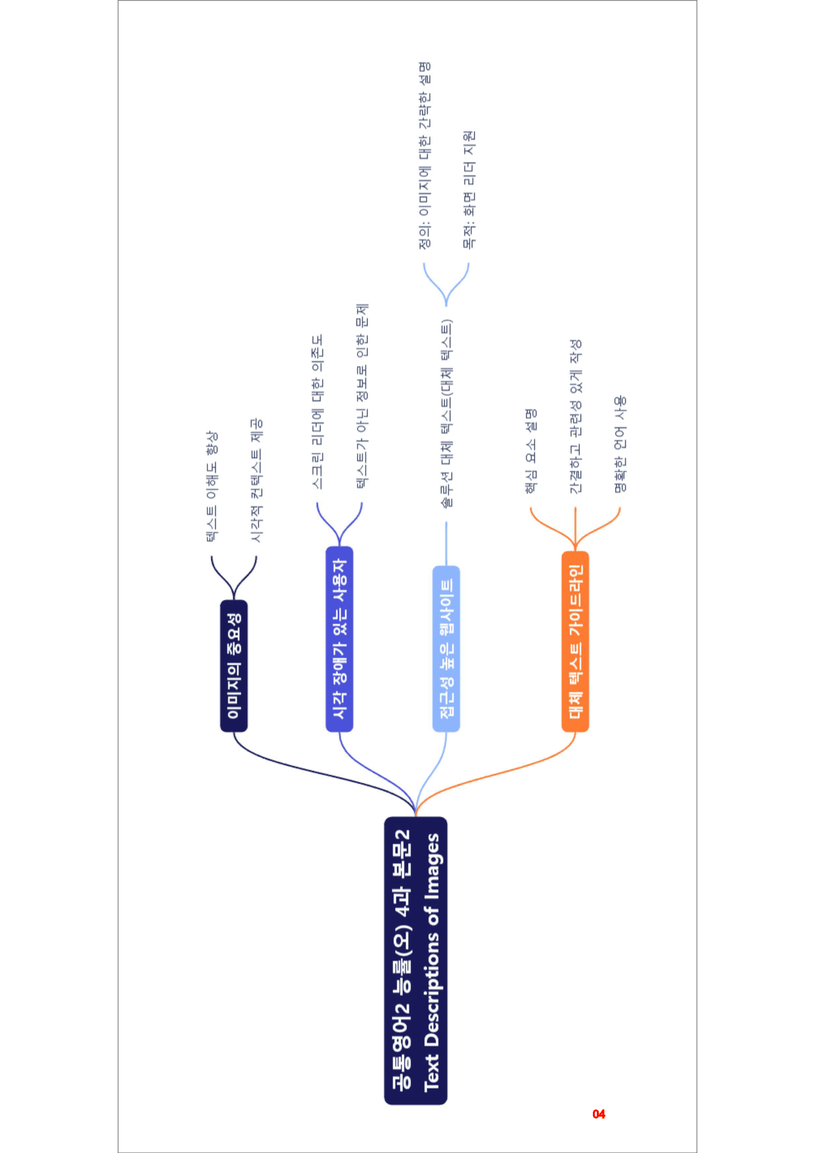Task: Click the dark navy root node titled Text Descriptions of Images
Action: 415,960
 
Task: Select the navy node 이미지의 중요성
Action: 234,665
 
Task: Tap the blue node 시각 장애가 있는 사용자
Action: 339,638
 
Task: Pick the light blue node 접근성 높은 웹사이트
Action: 446,648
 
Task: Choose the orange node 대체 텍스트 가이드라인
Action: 575,641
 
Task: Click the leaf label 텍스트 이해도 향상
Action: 212,486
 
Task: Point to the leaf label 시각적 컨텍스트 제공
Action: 256,481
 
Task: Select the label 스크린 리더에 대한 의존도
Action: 317,412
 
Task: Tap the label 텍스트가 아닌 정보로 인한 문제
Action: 362,396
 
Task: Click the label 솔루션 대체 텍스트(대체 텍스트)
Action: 446,413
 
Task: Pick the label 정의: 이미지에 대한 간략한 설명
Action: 425,156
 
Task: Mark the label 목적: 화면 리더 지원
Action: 469,190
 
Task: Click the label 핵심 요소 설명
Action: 531,451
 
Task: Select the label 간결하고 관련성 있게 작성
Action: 575,417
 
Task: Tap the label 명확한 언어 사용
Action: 620,444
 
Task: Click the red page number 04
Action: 599,1114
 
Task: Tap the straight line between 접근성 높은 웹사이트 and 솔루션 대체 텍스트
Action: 446,544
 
